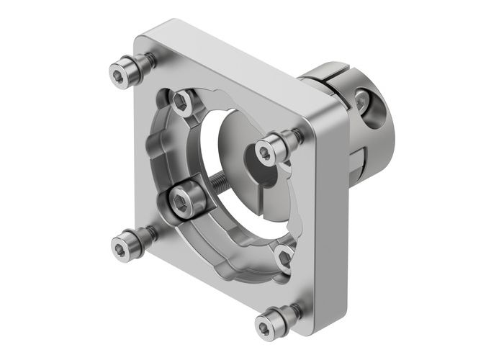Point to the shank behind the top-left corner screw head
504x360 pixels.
(144, 63)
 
